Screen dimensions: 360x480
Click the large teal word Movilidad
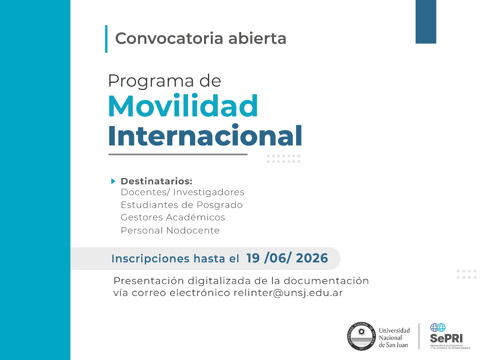coord(183,106)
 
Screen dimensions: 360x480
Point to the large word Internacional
coord(205,136)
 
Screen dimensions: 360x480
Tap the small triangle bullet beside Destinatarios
coord(113,181)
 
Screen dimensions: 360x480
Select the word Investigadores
coord(208,192)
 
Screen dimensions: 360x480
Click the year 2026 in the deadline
coord(312,258)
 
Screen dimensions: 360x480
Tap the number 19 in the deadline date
coord(253,258)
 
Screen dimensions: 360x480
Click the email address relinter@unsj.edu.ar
coord(288,292)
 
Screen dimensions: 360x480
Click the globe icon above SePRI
coord(438,328)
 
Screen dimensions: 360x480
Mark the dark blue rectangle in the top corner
coord(426,22)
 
